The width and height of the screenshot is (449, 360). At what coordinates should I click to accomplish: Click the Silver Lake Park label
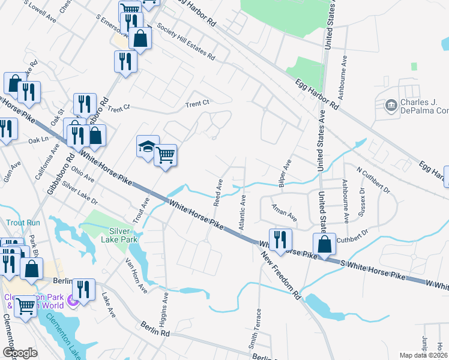123,235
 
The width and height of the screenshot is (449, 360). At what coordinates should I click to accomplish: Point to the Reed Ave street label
218,190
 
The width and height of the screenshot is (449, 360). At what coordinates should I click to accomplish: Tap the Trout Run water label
23,223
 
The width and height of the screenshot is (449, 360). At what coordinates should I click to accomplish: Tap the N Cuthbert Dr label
373,181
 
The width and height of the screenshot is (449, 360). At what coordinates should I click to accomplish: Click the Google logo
20,353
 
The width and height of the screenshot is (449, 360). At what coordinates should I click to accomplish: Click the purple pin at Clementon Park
73,299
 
